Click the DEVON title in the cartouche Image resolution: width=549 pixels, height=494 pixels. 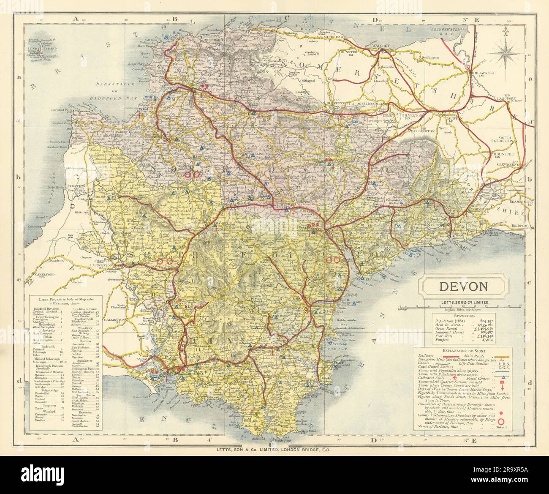point(464,286)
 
